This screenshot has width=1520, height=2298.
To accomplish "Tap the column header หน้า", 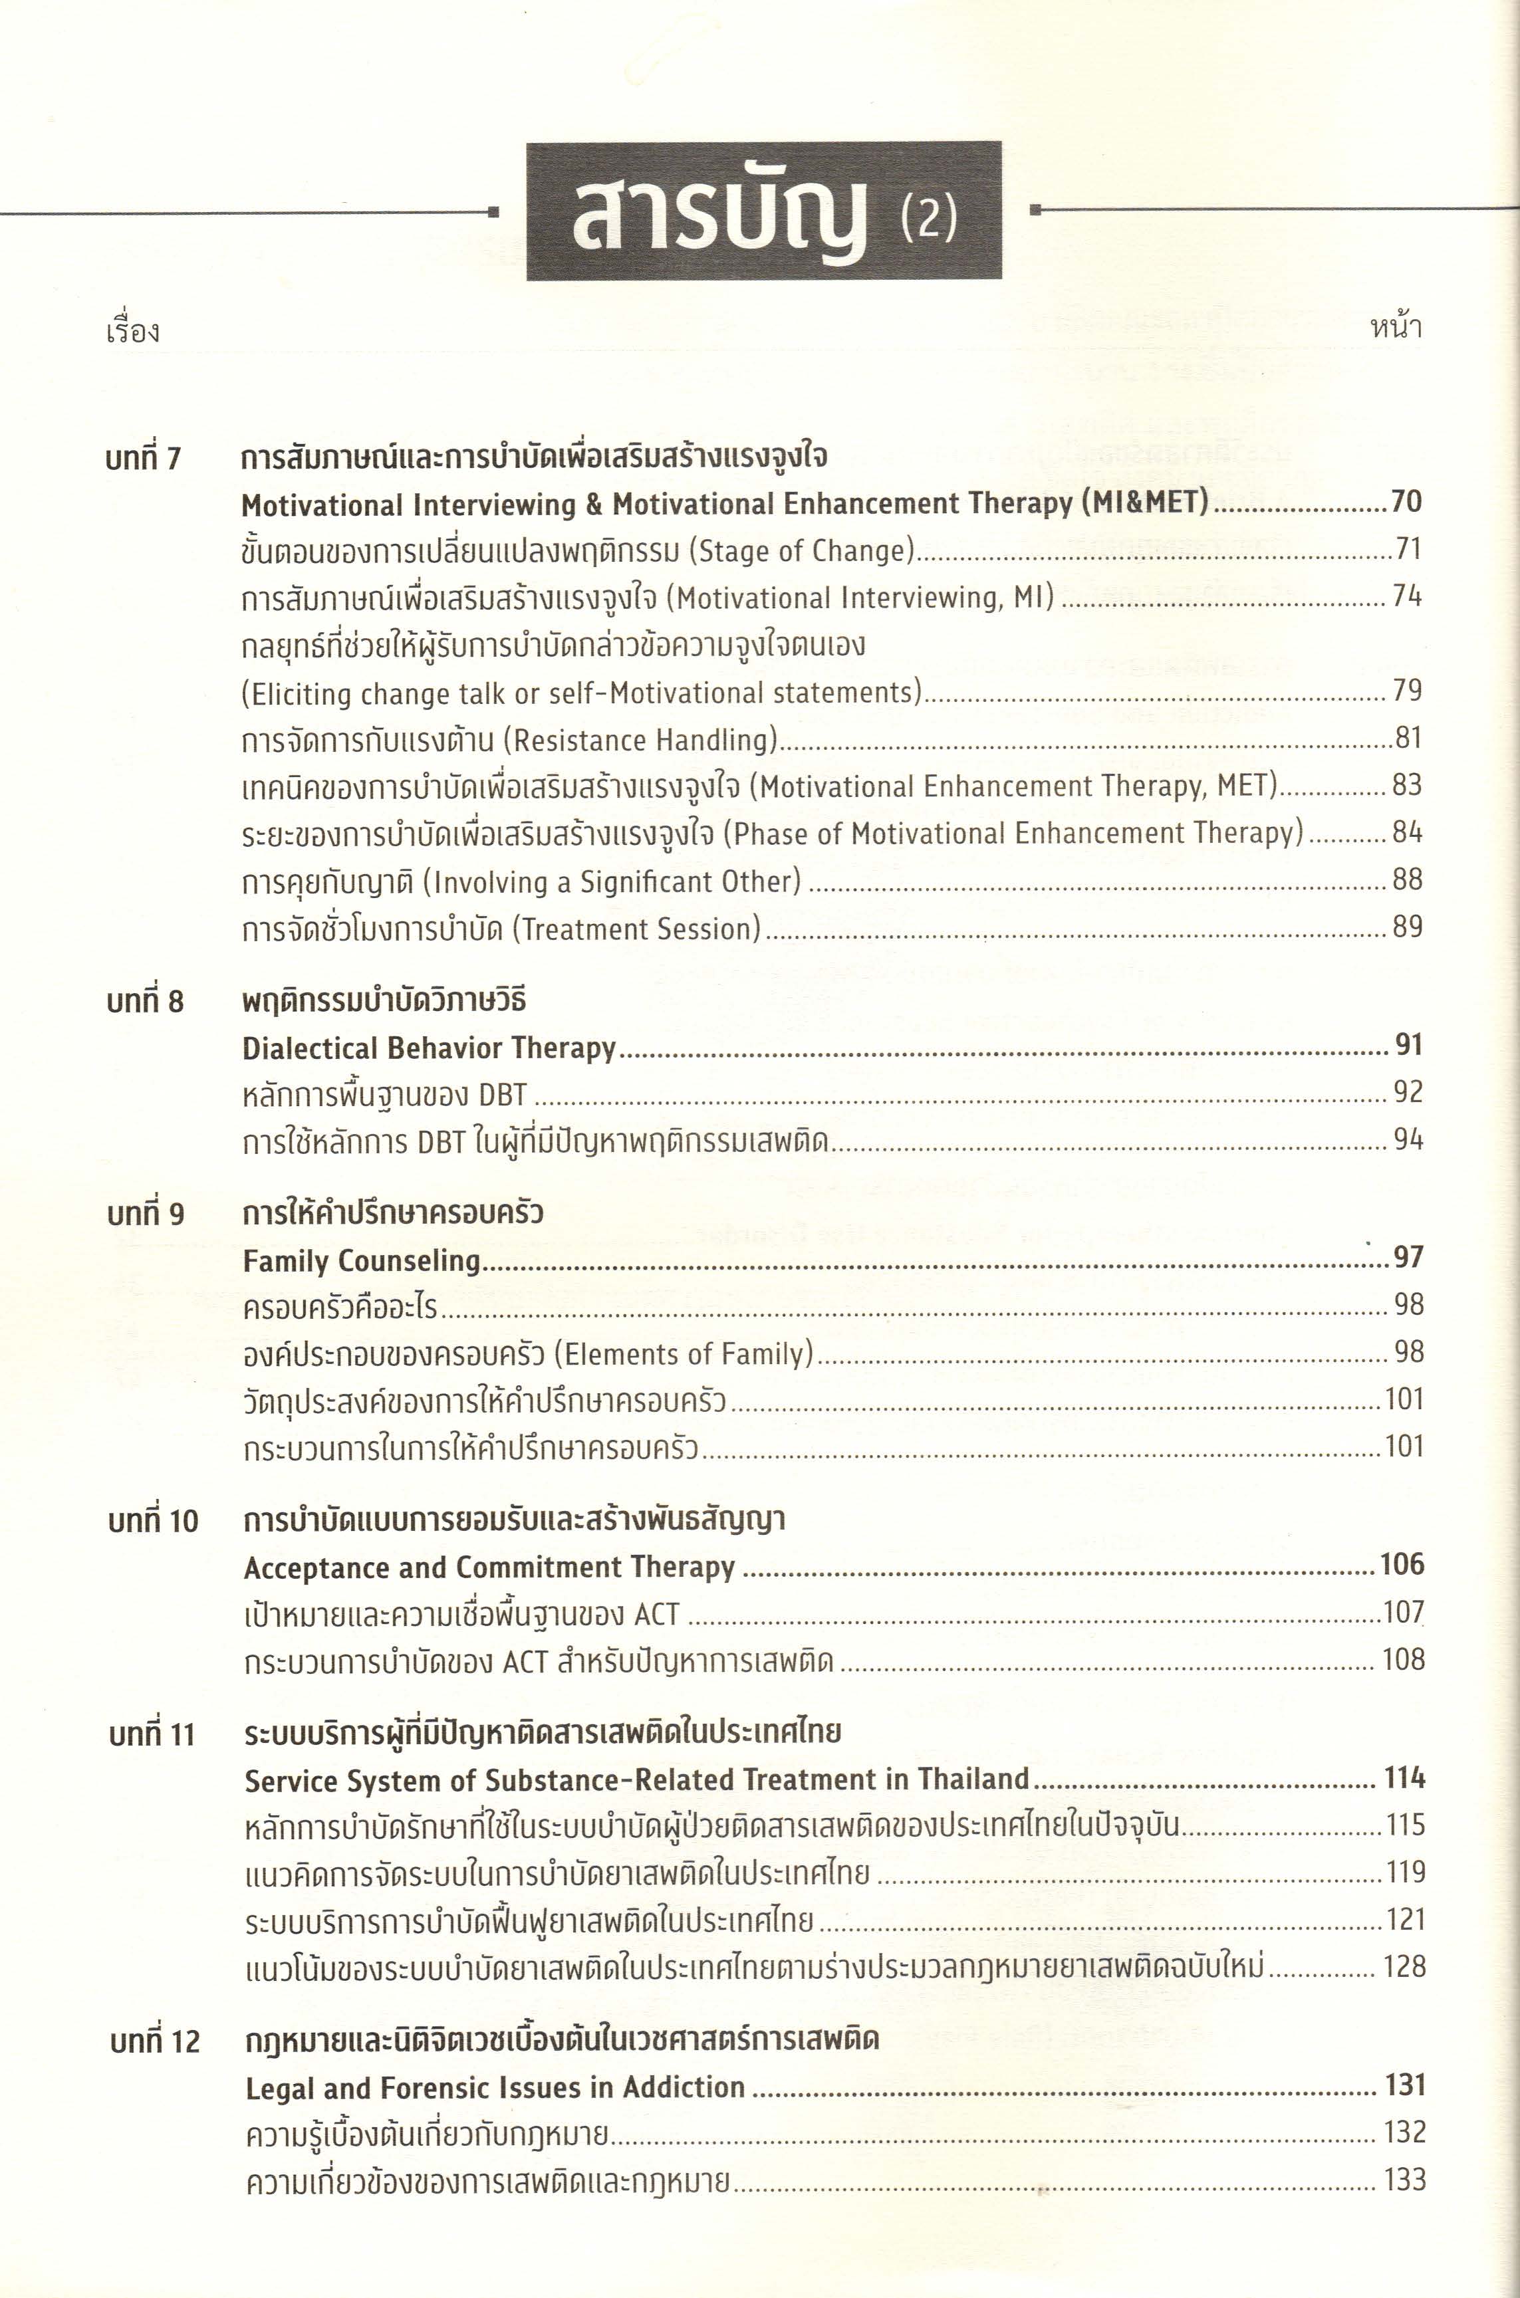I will click(x=1395, y=328).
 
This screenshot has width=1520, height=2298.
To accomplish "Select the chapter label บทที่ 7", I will click(x=144, y=457).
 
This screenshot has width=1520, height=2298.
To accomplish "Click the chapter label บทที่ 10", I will click(x=153, y=1521).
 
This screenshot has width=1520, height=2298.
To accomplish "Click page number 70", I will click(x=1406, y=502).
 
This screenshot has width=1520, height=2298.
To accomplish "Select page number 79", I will click(x=1406, y=691).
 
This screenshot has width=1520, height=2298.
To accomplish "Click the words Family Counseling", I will click(x=362, y=1261).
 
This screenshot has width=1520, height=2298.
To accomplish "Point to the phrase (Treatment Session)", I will click(x=636, y=929).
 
